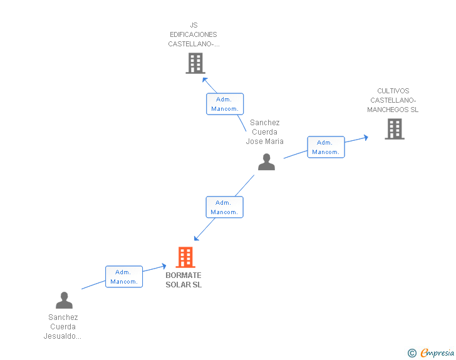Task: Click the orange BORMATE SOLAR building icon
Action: click(185, 257)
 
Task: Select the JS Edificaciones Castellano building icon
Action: click(195, 63)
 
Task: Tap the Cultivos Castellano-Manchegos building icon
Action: click(394, 129)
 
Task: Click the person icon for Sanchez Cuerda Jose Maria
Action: click(266, 162)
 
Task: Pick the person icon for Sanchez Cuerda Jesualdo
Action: click(64, 301)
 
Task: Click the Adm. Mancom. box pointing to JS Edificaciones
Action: click(225, 104)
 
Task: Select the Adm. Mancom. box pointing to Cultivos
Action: click(326, 147)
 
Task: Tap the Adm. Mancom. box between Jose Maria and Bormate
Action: click(224, 207)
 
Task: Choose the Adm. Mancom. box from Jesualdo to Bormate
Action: click(124, 277)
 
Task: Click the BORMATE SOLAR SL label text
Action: click(184, 280)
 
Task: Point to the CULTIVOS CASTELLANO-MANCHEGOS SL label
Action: click(393, 100)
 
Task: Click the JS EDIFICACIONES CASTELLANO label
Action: click(194, 34)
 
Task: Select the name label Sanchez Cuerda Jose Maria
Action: click(264, 132)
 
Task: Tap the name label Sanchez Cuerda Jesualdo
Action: click(62, 327)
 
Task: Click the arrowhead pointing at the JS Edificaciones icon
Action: click(204, 79)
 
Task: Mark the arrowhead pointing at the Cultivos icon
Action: click(366, 137)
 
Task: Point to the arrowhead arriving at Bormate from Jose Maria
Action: click(196, 238)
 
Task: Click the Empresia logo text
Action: click(438, 353)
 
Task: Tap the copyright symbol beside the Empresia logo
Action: click(412, 354)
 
